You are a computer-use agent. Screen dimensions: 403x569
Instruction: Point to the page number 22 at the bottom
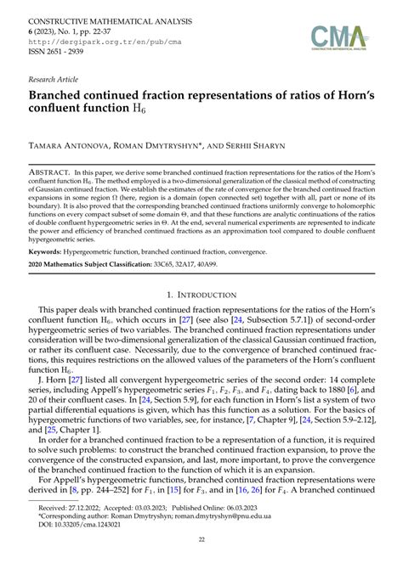click(201, 539)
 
